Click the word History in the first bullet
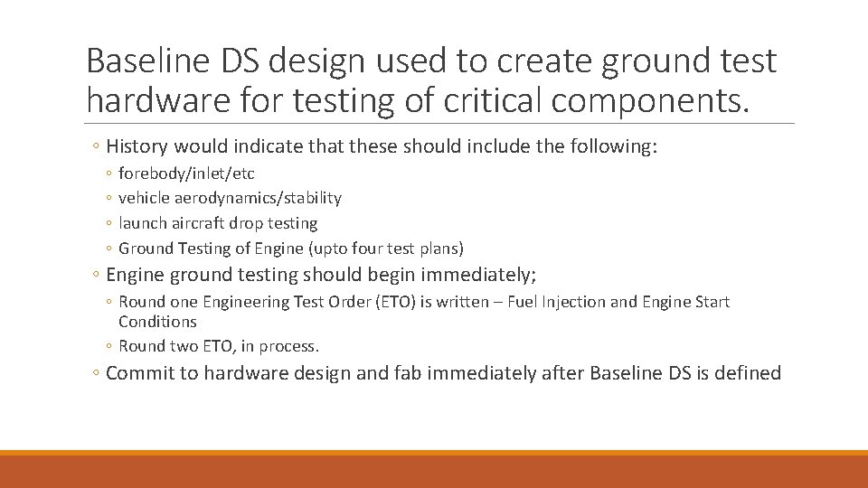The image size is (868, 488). (137, 146)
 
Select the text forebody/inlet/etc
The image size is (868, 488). (186, 174)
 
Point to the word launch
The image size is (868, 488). (141, 222)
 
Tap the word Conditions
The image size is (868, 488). (157, 322)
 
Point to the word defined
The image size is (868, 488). (748, 373)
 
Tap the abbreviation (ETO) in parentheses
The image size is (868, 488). (354, 302)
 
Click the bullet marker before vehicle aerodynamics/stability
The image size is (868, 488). (109, 198)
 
